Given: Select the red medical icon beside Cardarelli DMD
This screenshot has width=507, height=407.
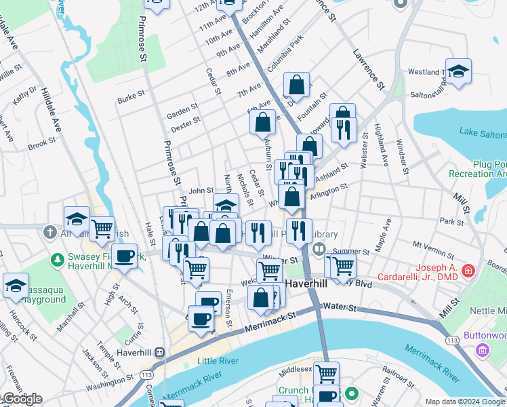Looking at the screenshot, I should click(x=468, y=272).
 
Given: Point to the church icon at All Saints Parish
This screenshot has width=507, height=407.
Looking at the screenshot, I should click(x=49, y=233).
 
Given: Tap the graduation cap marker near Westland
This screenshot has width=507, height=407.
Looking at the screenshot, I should click(x=459, y=71).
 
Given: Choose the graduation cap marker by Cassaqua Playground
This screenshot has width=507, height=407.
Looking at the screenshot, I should click(x=15, y=286).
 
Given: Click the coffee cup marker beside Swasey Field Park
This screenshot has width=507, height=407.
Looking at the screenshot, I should click(x=124, y=256).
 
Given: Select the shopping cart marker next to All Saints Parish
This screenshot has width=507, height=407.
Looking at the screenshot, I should click(x=102, y=229).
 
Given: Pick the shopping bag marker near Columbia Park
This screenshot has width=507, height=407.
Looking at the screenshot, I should click(x=296, y=85).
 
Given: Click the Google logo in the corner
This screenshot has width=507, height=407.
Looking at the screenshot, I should click(x=22, y=399).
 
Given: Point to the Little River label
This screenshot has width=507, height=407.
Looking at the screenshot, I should click(x=218, y=361).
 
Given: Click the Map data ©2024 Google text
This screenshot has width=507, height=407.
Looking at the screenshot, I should click(x=465, y=402).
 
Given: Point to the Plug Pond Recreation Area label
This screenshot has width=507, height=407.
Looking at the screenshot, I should click(x=477, y=169).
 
